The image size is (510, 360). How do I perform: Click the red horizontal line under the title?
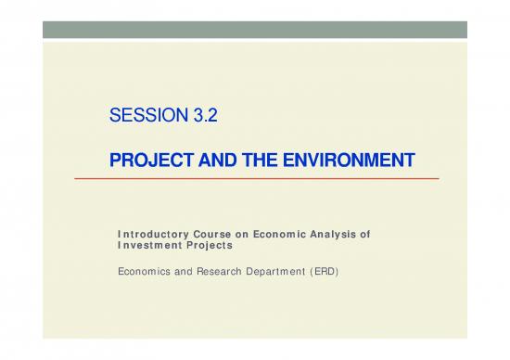[x=269, y=178]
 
